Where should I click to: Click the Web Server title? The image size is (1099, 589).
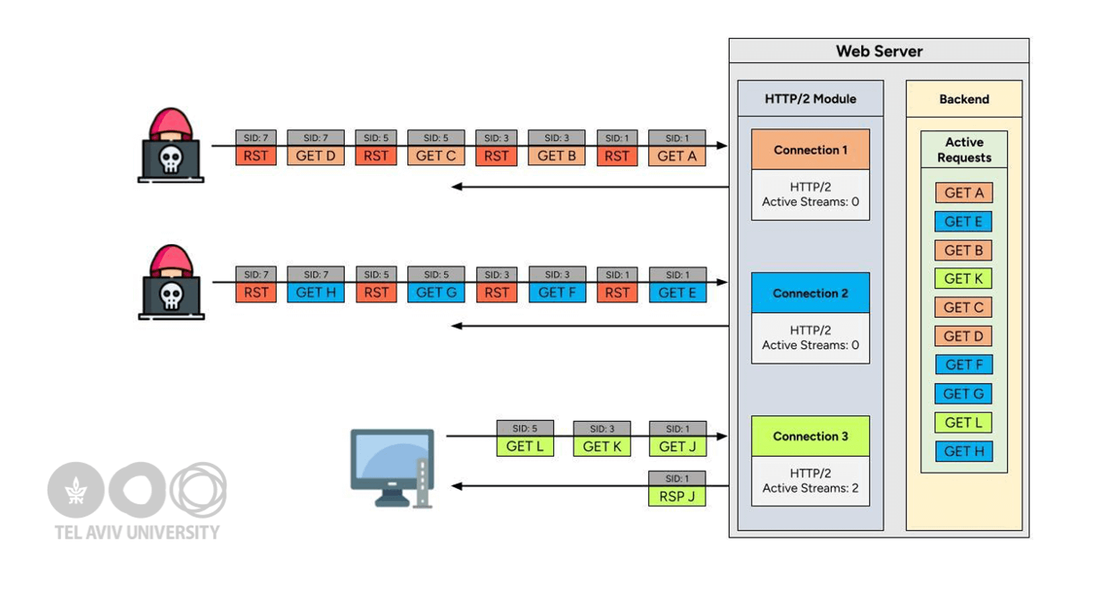click(x=879, y=51)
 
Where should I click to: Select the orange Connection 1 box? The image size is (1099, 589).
click(x=810, y=150)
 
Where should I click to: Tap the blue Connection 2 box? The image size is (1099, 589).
click(x=810, y=293)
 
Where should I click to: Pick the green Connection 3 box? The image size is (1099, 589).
click(x=810, y=436)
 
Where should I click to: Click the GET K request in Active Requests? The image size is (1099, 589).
click(x=963, y=279)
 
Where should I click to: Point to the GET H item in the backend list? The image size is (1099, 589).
click(x=963, y=451)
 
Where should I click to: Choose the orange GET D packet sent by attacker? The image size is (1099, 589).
click(x=315, y=156)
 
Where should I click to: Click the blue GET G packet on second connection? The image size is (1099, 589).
click(x=436, y=292)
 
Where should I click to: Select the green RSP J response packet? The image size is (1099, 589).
click(x=677, y=496)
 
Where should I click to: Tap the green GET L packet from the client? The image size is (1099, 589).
click(x=525, y=446)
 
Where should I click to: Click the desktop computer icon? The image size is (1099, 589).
click(x=392, y=467)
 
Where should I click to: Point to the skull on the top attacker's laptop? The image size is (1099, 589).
click(x=171, y=159)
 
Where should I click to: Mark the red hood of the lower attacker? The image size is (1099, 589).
click(x=171, y=259)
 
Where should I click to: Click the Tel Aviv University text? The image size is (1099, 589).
click(x=137, y=532)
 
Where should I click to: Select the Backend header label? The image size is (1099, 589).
click(x=964, y=99)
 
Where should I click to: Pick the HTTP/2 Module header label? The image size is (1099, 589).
click(x=810, y=99)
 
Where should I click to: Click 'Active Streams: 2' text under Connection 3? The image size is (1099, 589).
click(x=810, y=488)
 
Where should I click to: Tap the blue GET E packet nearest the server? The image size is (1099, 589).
click(x=677, y=292)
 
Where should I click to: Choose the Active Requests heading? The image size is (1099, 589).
click(x=964, y=150)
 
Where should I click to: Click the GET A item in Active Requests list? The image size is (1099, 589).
click(x=963, y=193)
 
